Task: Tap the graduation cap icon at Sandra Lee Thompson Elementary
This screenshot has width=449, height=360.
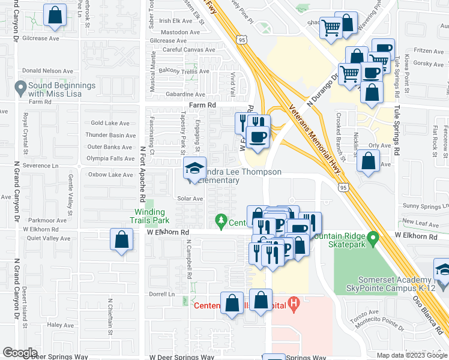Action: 194,169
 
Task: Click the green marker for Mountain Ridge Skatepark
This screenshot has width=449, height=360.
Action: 372,240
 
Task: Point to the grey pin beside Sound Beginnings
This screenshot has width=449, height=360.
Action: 20,89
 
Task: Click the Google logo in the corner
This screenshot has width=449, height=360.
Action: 20,353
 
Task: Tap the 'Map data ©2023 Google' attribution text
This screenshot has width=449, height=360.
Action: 411,355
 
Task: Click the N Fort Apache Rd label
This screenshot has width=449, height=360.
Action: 143,174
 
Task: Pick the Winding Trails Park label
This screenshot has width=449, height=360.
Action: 149,216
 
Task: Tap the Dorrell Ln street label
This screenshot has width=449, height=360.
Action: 161,294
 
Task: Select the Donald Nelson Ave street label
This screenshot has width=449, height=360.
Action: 49,71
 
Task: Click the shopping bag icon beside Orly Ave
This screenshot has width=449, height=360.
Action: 368,161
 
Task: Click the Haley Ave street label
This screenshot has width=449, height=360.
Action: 60,325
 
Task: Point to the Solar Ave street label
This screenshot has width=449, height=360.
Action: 190,198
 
